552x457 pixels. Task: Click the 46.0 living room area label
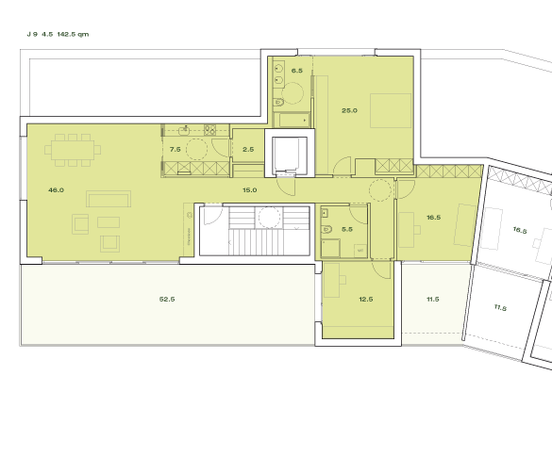point(56,190)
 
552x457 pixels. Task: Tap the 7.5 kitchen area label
point(175,150)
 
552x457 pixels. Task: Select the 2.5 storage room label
point(248,150)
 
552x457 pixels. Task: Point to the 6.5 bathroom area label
point(296,71)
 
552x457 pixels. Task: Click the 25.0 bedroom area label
point(349,110)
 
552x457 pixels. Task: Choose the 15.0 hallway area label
point(249,190)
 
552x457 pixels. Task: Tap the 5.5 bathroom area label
point(347,229)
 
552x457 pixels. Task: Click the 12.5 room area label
point(366,300)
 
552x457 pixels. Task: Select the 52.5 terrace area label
point(168,300)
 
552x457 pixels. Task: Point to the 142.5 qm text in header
point(73,34)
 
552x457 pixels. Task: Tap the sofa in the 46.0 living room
point(109,199)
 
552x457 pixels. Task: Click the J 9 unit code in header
point(34,34)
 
